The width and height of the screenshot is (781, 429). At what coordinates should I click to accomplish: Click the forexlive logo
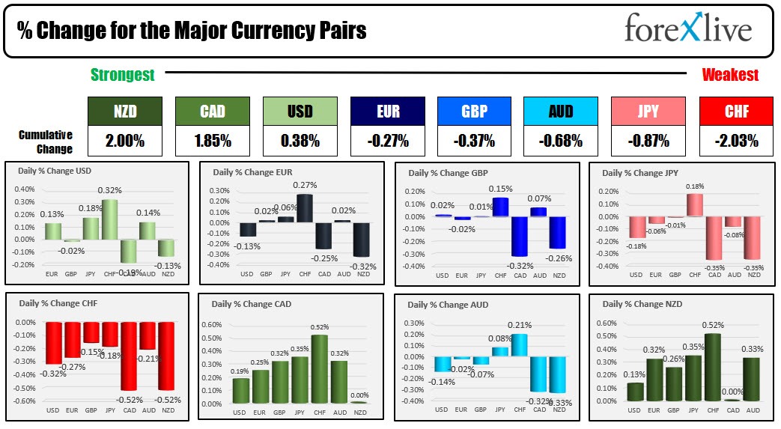pyautogui.click(x=688, y=29)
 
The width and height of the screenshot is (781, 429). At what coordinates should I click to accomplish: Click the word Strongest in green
pyautogui.click(x=122, y=75)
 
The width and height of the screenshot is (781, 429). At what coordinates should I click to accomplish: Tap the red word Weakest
pyautogui.click(x=729, y=75)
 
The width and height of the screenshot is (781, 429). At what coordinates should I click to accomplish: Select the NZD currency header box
pyautogui.click(x=124, y=112)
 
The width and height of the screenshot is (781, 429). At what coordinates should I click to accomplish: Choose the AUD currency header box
pyautogui.click(x=560, y=112)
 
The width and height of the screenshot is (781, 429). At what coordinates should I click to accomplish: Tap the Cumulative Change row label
pyautogui.click(x=46, y=142)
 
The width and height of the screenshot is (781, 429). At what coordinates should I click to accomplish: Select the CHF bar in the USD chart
pyautogui.click(x=110, y=219)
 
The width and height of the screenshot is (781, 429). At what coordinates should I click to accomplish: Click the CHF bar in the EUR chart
pyautogui.click(x=304, y=207)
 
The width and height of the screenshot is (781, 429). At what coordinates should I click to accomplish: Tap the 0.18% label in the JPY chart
pyautogui.click(x=694, y=186)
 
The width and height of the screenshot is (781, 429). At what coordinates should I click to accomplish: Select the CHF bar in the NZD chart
pyautogui.click(x=712, y=367)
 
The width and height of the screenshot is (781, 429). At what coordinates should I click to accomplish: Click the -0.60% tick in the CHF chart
pyautogui.click(x=25, y=401)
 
